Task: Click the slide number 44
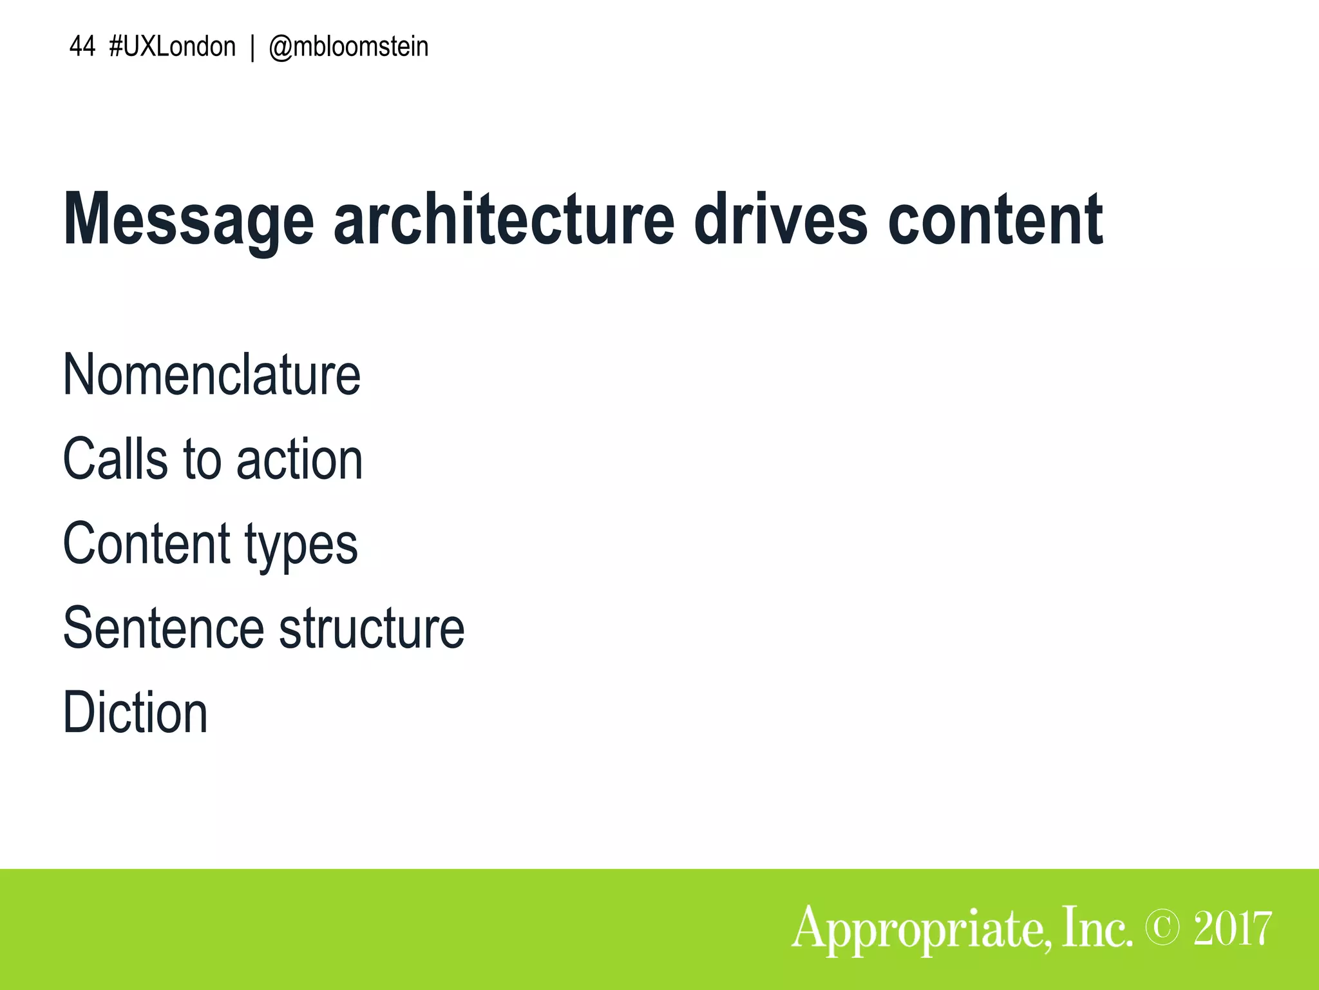click(x=82, y=47)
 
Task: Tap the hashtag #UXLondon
click(x=173, y=47)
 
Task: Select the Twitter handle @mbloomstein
click(x=348, y=47)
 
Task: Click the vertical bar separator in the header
click(x=252, y=48)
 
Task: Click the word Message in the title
click(x=189, y=220)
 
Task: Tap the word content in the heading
click(x=995, y=220)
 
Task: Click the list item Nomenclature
click(x=211, y=375)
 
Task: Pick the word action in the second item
click(x=299, y=460)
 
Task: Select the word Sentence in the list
click(x=164, y=628)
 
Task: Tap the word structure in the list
click(x=372, y=628)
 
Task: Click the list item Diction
click(x=135, y=713)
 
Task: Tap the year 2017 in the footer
click(x=1232, y=929)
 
